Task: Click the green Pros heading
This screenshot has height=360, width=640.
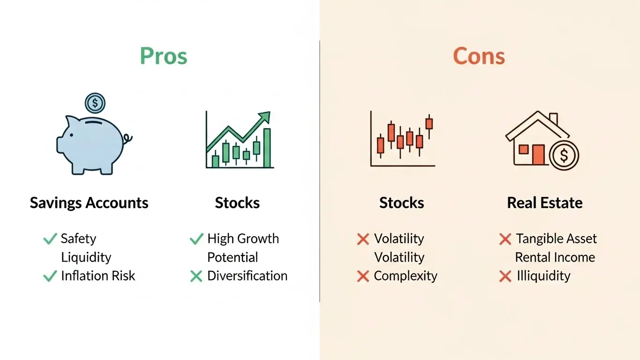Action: (x=164, y=56)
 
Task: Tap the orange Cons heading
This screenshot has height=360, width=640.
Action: (x=479, y=56)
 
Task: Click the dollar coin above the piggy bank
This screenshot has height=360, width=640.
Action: (x=95, y=103)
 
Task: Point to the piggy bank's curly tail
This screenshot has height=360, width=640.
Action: (x=128, y=139)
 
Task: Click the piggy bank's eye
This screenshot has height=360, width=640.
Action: (x=71, y=135)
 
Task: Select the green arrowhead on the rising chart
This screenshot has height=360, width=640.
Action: (x=264, y=117)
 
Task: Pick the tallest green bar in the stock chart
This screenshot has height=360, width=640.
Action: (x=267, y=148)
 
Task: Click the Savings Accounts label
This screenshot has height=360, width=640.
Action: (x=89, y=203)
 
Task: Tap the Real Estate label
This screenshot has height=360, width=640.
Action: (x=545, y=203)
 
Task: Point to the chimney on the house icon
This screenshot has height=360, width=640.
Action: (x=553, y=119)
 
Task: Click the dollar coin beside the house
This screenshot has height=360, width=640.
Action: (x=564, y=156)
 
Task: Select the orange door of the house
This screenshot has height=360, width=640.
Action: (x=538, y=155)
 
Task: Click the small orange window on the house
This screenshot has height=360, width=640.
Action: (x=523, y=149)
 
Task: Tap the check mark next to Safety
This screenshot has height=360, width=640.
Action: (x=50, y=239)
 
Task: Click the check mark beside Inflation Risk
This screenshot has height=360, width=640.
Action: (x=50, y=276)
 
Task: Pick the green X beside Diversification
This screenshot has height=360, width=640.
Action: (x=196, y=276)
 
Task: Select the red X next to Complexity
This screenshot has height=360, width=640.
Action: (x=363, y=276)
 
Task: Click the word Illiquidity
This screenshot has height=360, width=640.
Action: (x=543, y=276)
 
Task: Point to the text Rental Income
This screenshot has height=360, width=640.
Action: (x=555, y=257)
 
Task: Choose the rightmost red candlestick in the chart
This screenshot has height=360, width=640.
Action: (x=429, y=124)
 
